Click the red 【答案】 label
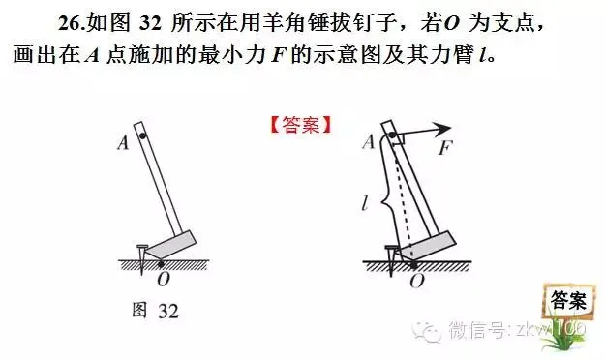(300, 125)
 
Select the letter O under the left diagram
(162, 279)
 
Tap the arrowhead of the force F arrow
(446, 128)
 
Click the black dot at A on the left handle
(141, 138)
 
